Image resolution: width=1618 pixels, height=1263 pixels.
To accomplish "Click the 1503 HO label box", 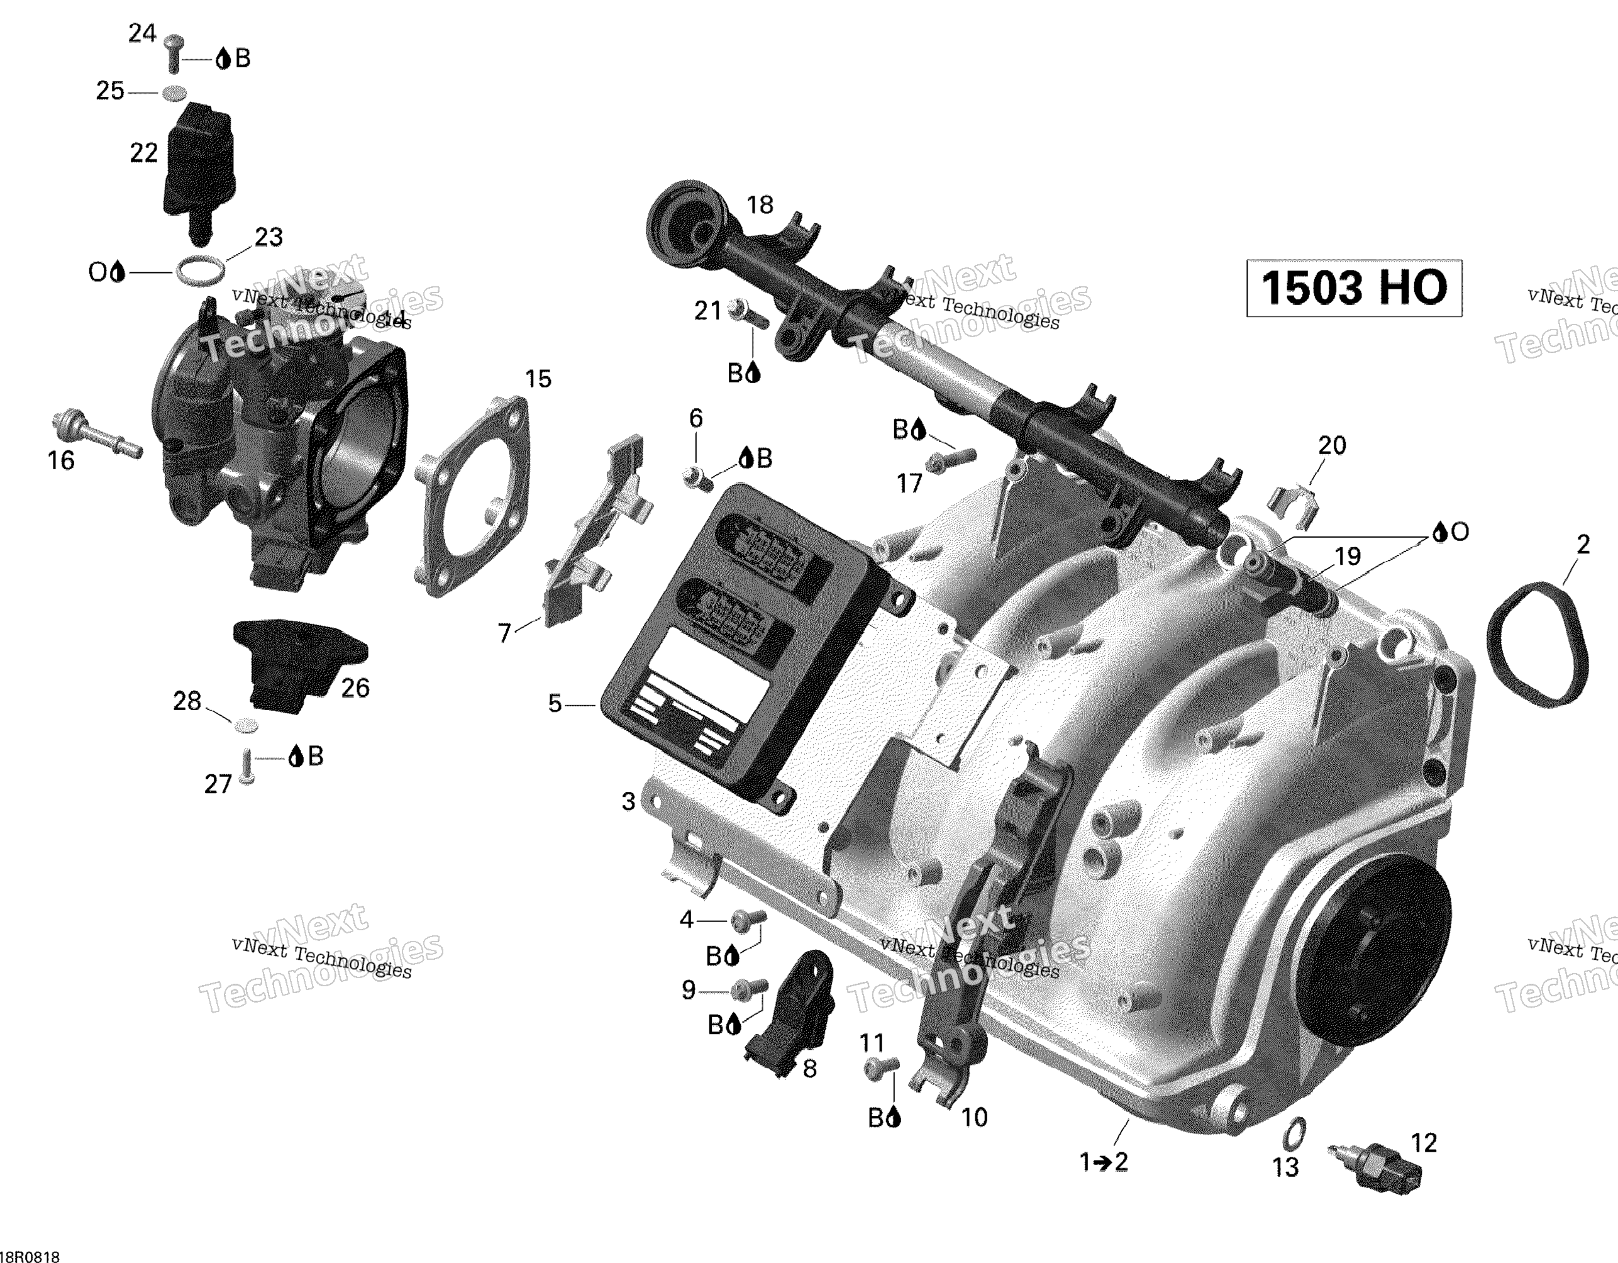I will pos(1353,287).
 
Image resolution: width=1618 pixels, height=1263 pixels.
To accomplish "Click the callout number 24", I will pos(142,33).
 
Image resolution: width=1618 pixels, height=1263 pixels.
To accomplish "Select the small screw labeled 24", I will pos(174,53).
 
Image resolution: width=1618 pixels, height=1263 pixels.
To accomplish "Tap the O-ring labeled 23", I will pos(201,271).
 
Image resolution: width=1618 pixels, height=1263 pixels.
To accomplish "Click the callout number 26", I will pos(355,688).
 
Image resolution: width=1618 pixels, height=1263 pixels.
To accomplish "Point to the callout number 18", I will pos(760,204).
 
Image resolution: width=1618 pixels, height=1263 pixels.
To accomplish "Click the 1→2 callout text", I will pos(1104,1162).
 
